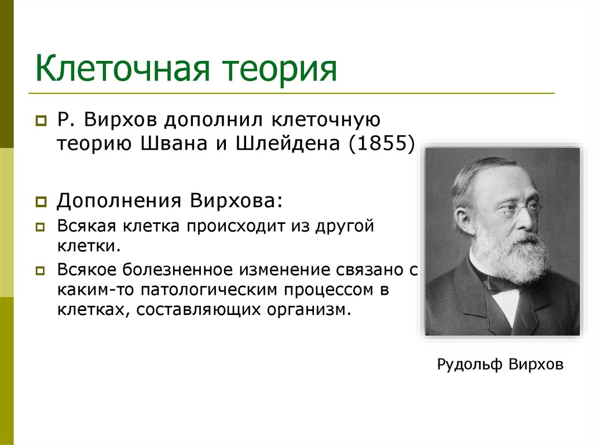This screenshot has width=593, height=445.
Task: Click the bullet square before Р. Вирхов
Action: tap(41, 122)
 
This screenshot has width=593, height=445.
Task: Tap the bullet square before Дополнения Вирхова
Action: tap(41, 203)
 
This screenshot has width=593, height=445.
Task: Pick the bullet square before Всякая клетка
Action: tap(41, 227)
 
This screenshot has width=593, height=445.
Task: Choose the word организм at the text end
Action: tap(313, 309)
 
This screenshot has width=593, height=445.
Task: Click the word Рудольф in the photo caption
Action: tap(469, 366)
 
